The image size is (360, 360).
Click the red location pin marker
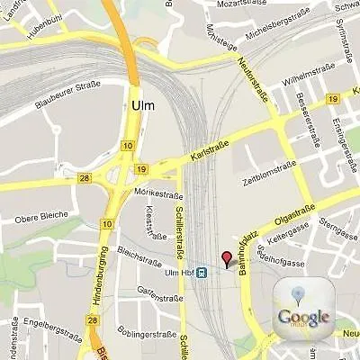[x=227, y=259]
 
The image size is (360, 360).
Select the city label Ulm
[x=142, y=105]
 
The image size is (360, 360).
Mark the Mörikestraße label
[x=154, y=192]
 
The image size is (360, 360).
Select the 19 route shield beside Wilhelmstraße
[x=333, y=98]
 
